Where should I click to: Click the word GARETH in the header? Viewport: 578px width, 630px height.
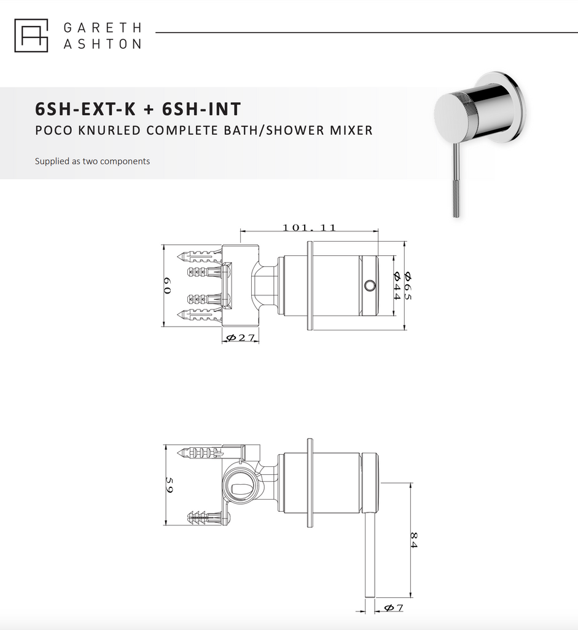(103, 28)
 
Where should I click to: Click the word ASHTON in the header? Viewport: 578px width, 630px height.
(103, 44)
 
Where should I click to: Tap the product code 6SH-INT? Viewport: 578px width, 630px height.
(201, 109)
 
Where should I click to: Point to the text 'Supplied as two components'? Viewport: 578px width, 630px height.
(92, 161)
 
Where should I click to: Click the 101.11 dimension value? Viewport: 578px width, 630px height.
(309, 228)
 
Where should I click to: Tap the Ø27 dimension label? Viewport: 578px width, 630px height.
(241, 337)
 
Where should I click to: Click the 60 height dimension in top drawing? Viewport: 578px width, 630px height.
(166, 285)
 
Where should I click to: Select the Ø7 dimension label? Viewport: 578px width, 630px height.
(393, 608)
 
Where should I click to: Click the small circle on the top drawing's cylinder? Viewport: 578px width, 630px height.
(369, 285)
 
